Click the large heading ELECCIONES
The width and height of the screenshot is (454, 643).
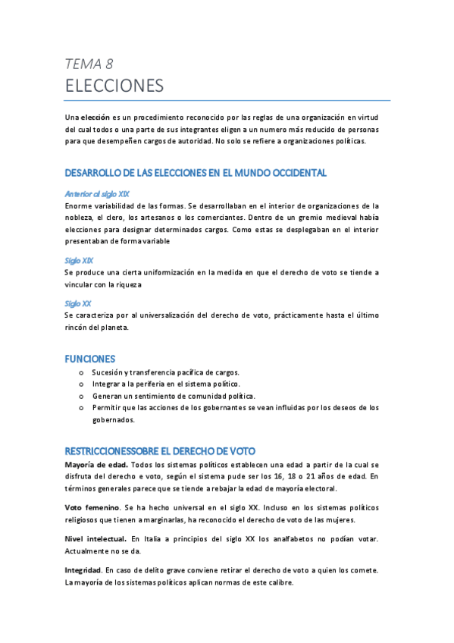(x=114, y=86)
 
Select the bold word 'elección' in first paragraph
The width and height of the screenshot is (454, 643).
(x=95, y=118)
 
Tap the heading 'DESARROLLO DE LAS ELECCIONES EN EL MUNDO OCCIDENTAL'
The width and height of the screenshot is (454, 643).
(x=196, y=173)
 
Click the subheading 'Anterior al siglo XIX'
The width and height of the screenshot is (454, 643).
(x=97, y=193)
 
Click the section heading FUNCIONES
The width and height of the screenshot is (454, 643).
(x=89, y=358)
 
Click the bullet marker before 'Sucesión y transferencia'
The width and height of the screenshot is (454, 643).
(x=82, y=373)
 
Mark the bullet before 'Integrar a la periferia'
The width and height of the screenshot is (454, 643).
(x=82, y=384)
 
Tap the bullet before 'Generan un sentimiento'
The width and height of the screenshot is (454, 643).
(x=82, y=396)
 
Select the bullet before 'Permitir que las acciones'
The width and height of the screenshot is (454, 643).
(x=82, y=407)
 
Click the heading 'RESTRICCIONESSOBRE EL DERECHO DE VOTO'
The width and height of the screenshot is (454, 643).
(x=160, y=450)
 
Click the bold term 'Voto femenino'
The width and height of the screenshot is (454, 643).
(x=92, y=507)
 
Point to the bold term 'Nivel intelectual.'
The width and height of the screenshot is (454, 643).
(x=96, y=538)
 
